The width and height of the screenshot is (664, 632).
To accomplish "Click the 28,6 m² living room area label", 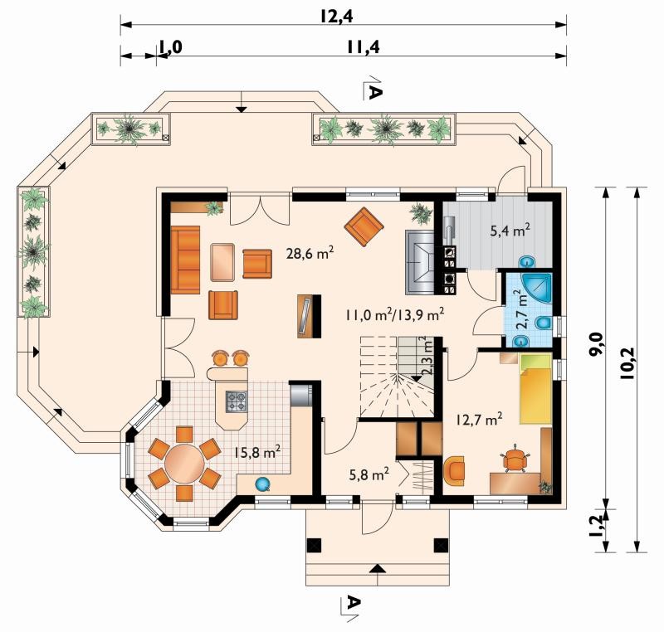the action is (310, 254).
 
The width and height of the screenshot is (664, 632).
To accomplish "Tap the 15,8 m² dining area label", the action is (257, 452).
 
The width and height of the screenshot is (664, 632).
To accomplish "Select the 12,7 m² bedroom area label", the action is (480, 420).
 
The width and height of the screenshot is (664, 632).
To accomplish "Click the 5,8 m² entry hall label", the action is (369, 474).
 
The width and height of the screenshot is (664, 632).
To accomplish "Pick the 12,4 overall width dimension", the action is (337, 17).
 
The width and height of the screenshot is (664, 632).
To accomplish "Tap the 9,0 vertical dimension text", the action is (596, 343).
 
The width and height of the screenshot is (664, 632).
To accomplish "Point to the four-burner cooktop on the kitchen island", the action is (237, 401).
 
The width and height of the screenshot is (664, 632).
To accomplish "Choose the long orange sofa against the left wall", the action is (185, 260).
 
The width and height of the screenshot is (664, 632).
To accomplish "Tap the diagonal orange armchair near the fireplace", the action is (364, 226).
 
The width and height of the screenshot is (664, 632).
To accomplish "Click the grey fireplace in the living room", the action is (420, 262).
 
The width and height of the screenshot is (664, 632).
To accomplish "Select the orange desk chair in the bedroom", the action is (515, 458).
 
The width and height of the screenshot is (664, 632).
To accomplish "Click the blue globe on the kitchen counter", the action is (263, 484).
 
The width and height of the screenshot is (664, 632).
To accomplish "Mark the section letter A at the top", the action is (375, 92).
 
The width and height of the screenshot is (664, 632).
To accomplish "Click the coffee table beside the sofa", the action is (222, 262).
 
